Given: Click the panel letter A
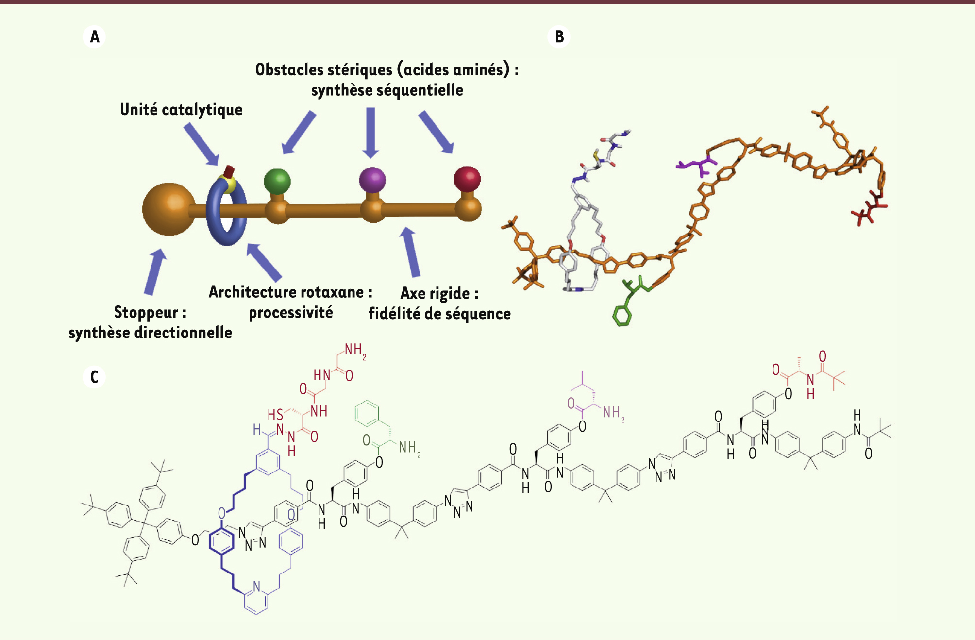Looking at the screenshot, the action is [95, 37].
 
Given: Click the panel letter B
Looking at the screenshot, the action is [559, 37].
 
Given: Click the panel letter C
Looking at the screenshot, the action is [94, 377].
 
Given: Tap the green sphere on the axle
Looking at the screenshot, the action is [277, 182].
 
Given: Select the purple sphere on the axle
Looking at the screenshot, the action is [372, 180].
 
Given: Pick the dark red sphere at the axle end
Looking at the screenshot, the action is [467, 179].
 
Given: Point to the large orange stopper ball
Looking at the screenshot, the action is [168, 209].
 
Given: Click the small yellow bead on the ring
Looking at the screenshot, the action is [227, 184].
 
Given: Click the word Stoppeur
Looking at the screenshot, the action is [146, 312].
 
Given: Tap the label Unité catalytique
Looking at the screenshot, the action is [181, 110].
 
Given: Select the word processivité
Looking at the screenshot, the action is [291, 313].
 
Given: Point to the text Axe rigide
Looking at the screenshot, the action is [435, 294].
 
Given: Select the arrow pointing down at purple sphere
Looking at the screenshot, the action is [370, 133].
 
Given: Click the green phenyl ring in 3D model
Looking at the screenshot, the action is [622, 316].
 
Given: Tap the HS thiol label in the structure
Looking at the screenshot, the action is [275, 415].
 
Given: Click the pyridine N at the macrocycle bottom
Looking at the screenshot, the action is [256, 587].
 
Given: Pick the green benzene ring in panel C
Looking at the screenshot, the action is [367, 413].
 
